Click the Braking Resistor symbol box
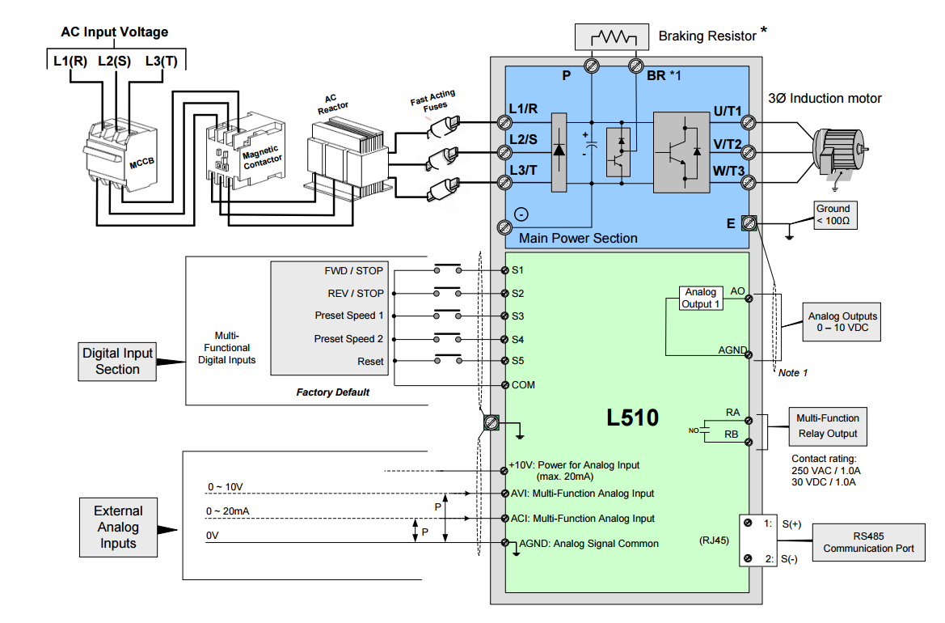611,37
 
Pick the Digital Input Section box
118,362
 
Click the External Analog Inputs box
118,527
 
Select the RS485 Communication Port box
868,541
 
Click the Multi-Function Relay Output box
828,426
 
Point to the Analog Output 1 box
700,298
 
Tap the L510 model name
633,417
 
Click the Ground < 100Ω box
832,214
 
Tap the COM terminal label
523,385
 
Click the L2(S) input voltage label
114,61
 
